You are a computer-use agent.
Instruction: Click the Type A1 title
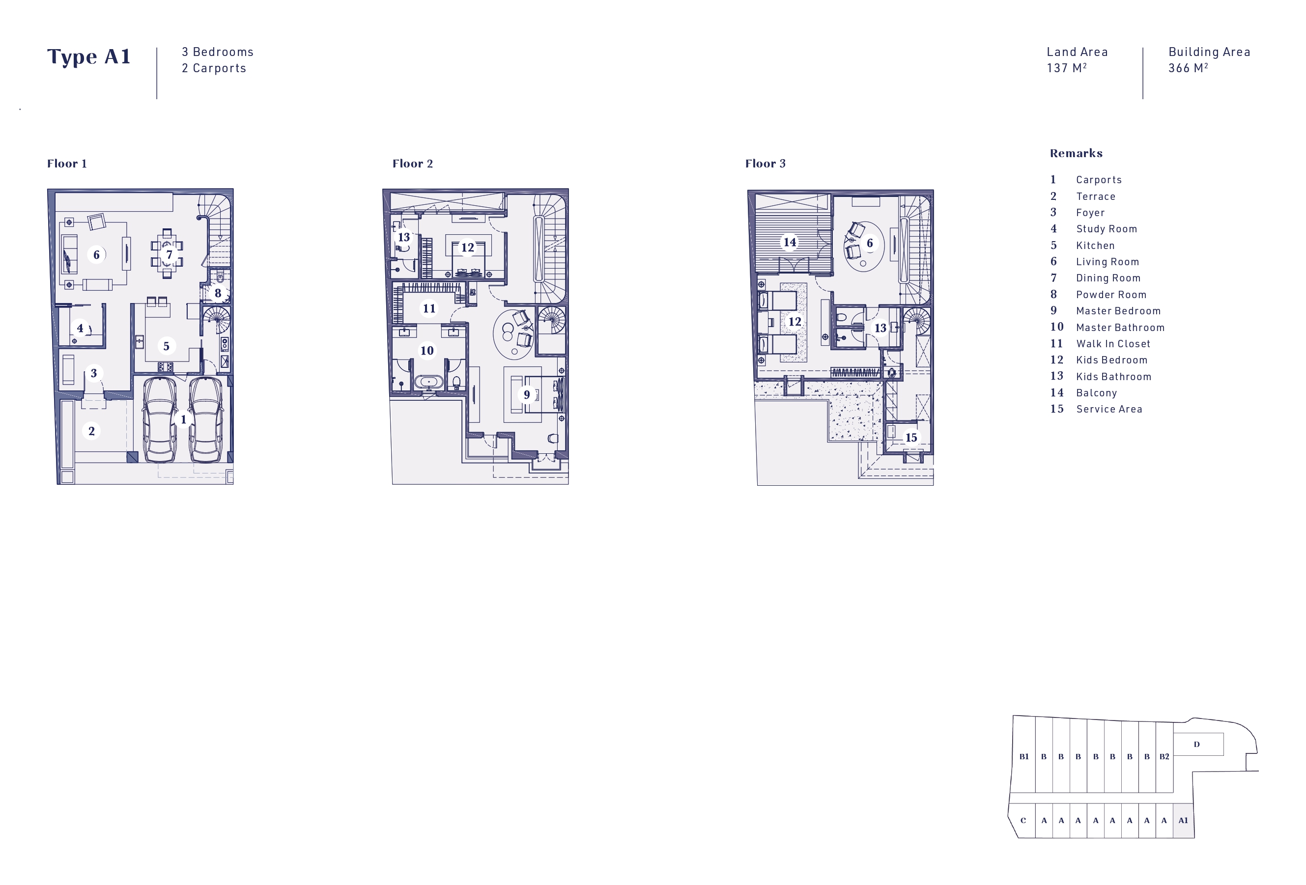[x=89, y=56]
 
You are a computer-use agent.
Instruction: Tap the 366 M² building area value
[x=1188, y=68]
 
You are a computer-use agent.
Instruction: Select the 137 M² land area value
[x=1066, y=68]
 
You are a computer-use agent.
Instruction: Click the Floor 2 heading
[x=412, y=164]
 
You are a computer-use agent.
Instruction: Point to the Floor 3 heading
[x=766, y=164]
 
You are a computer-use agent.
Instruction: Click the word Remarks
[x=1076, y=153]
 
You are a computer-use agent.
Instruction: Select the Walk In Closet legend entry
[x=1100, y=344]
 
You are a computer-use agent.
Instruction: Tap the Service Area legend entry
[x=1096, y=410]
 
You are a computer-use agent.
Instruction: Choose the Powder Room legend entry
[x=1098, y=295]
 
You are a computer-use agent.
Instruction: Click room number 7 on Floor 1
[x=169, y=254]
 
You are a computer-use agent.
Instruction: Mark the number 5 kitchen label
[x=167, y=346]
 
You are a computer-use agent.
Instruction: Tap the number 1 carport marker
[x=183, y=419]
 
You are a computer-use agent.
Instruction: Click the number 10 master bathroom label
[x=427, y=350]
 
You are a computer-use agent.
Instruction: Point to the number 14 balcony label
[x=790, y=242]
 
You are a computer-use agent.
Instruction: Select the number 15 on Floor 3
[x=911, y=438]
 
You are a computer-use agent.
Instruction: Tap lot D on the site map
[x=1197, y=745]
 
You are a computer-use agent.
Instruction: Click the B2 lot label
[x=1164, y=757]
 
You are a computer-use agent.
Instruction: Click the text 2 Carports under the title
[x=214, y=68]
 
